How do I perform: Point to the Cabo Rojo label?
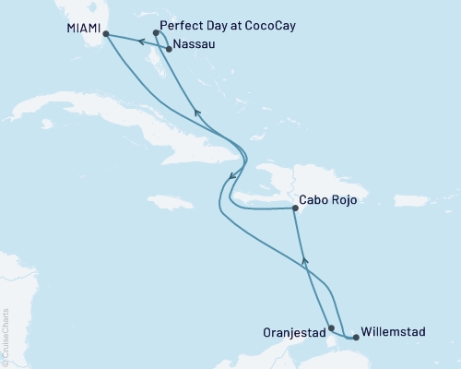[x=328, y=198]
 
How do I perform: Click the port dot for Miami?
[x=105, y=35]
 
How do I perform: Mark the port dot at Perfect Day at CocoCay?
[x=156, y=32]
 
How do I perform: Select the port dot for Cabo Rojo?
[x=294, y=209]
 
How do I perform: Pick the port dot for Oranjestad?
[x=331, y=327]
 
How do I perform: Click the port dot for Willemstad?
[x=356, y=338]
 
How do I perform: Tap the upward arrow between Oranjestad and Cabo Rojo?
[x=306, y=263]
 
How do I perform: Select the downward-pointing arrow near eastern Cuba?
[x=231, y=174]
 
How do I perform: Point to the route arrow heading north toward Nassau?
[x=195, y=113]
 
